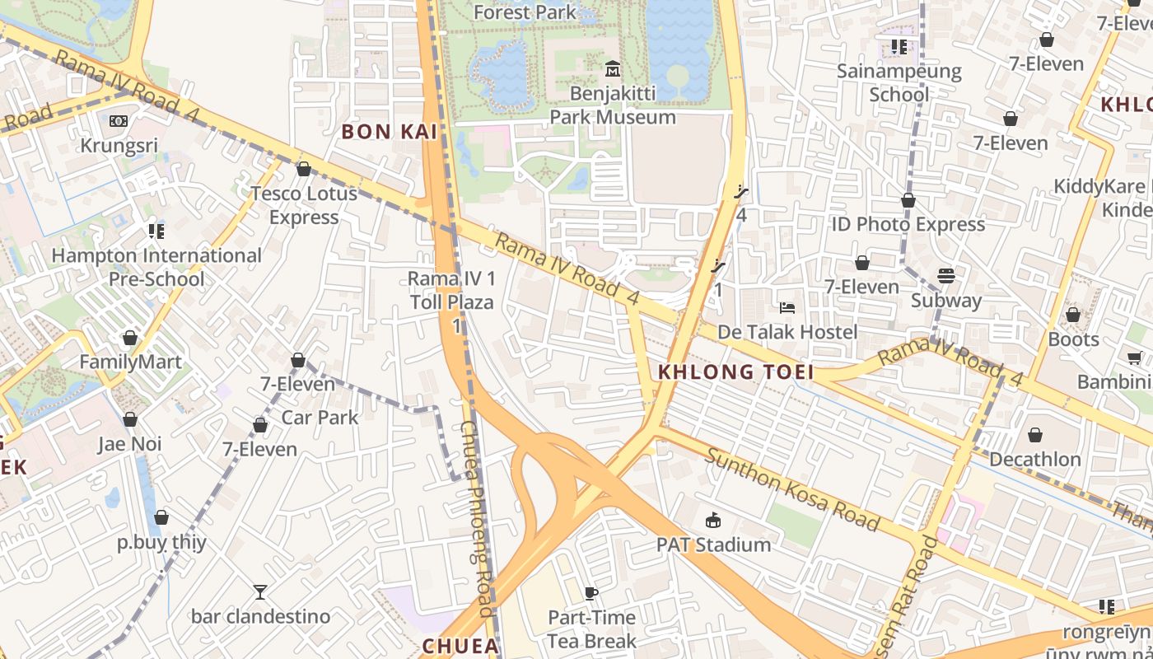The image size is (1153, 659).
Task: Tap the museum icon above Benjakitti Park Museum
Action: tap(612, 68)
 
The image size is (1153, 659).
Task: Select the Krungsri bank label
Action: tap(119, 146)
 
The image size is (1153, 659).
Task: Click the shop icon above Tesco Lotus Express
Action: tap(304, 169)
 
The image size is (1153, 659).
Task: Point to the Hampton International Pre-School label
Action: tap(156, 267)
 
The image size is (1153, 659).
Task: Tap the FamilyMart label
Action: tap(130, 362)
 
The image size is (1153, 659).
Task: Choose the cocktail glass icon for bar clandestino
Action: tap(260, 591)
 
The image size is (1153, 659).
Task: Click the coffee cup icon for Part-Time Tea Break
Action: tap(591, 593)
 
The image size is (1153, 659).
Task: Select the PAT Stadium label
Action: tap(713, 544)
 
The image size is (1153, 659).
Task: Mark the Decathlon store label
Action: tap(1035, 459)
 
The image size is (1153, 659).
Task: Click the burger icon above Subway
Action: tap(945, 276)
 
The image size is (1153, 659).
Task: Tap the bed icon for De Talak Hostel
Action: tap(787, 308)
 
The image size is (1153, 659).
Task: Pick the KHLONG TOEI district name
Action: tap(735, 372)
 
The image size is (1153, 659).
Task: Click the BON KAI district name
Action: tap(389, 132)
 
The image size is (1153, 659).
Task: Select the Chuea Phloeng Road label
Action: tap(476, 519)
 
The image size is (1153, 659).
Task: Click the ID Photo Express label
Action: tap(908, 224)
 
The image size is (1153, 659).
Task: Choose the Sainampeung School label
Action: tap(899, 82)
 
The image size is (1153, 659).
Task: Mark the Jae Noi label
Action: tap(130, 444)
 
